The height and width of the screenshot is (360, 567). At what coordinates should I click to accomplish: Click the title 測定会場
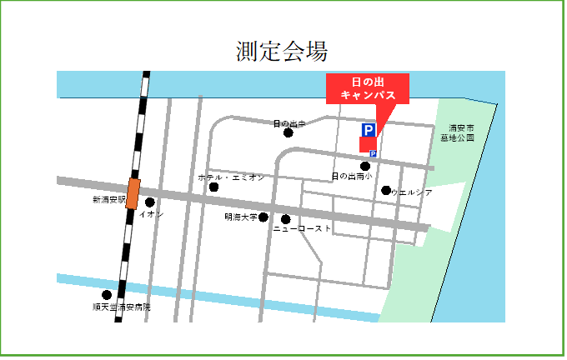tap(281, 51)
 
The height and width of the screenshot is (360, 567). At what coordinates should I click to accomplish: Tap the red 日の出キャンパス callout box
tap(367, 88)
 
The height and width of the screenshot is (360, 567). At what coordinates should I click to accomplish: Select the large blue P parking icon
tap(368, 130)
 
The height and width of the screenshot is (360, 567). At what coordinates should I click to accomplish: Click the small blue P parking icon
tap(373, 153)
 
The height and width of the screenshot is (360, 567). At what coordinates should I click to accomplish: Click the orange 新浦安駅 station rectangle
tap(133, 193)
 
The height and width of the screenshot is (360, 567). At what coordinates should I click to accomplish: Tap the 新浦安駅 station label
tap(108, 200)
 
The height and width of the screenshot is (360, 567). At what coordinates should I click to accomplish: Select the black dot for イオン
tap(150, 202)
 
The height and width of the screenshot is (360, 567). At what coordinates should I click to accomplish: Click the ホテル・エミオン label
tap(231, 177)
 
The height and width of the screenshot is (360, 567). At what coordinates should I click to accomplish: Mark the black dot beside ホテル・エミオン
tap(213, 187)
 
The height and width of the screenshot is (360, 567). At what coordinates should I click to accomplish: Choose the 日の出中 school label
tap(289, 123)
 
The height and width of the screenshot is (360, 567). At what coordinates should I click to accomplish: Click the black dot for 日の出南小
tap(365, 166)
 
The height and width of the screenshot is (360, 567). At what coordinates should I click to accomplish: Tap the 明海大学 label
tap(240, 217)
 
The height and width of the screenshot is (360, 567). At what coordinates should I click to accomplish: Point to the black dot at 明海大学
tap(263, 217)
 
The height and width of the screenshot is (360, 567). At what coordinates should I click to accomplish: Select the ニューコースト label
tap(302, 228)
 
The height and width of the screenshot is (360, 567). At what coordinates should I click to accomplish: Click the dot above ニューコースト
tap(286, 219)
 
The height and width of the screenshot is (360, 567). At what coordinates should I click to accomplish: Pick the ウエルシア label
tap(412, 192)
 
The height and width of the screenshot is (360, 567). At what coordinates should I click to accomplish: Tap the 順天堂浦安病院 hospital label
tap(122, 307)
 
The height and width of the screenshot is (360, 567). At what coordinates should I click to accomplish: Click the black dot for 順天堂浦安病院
tap(106, 295)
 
